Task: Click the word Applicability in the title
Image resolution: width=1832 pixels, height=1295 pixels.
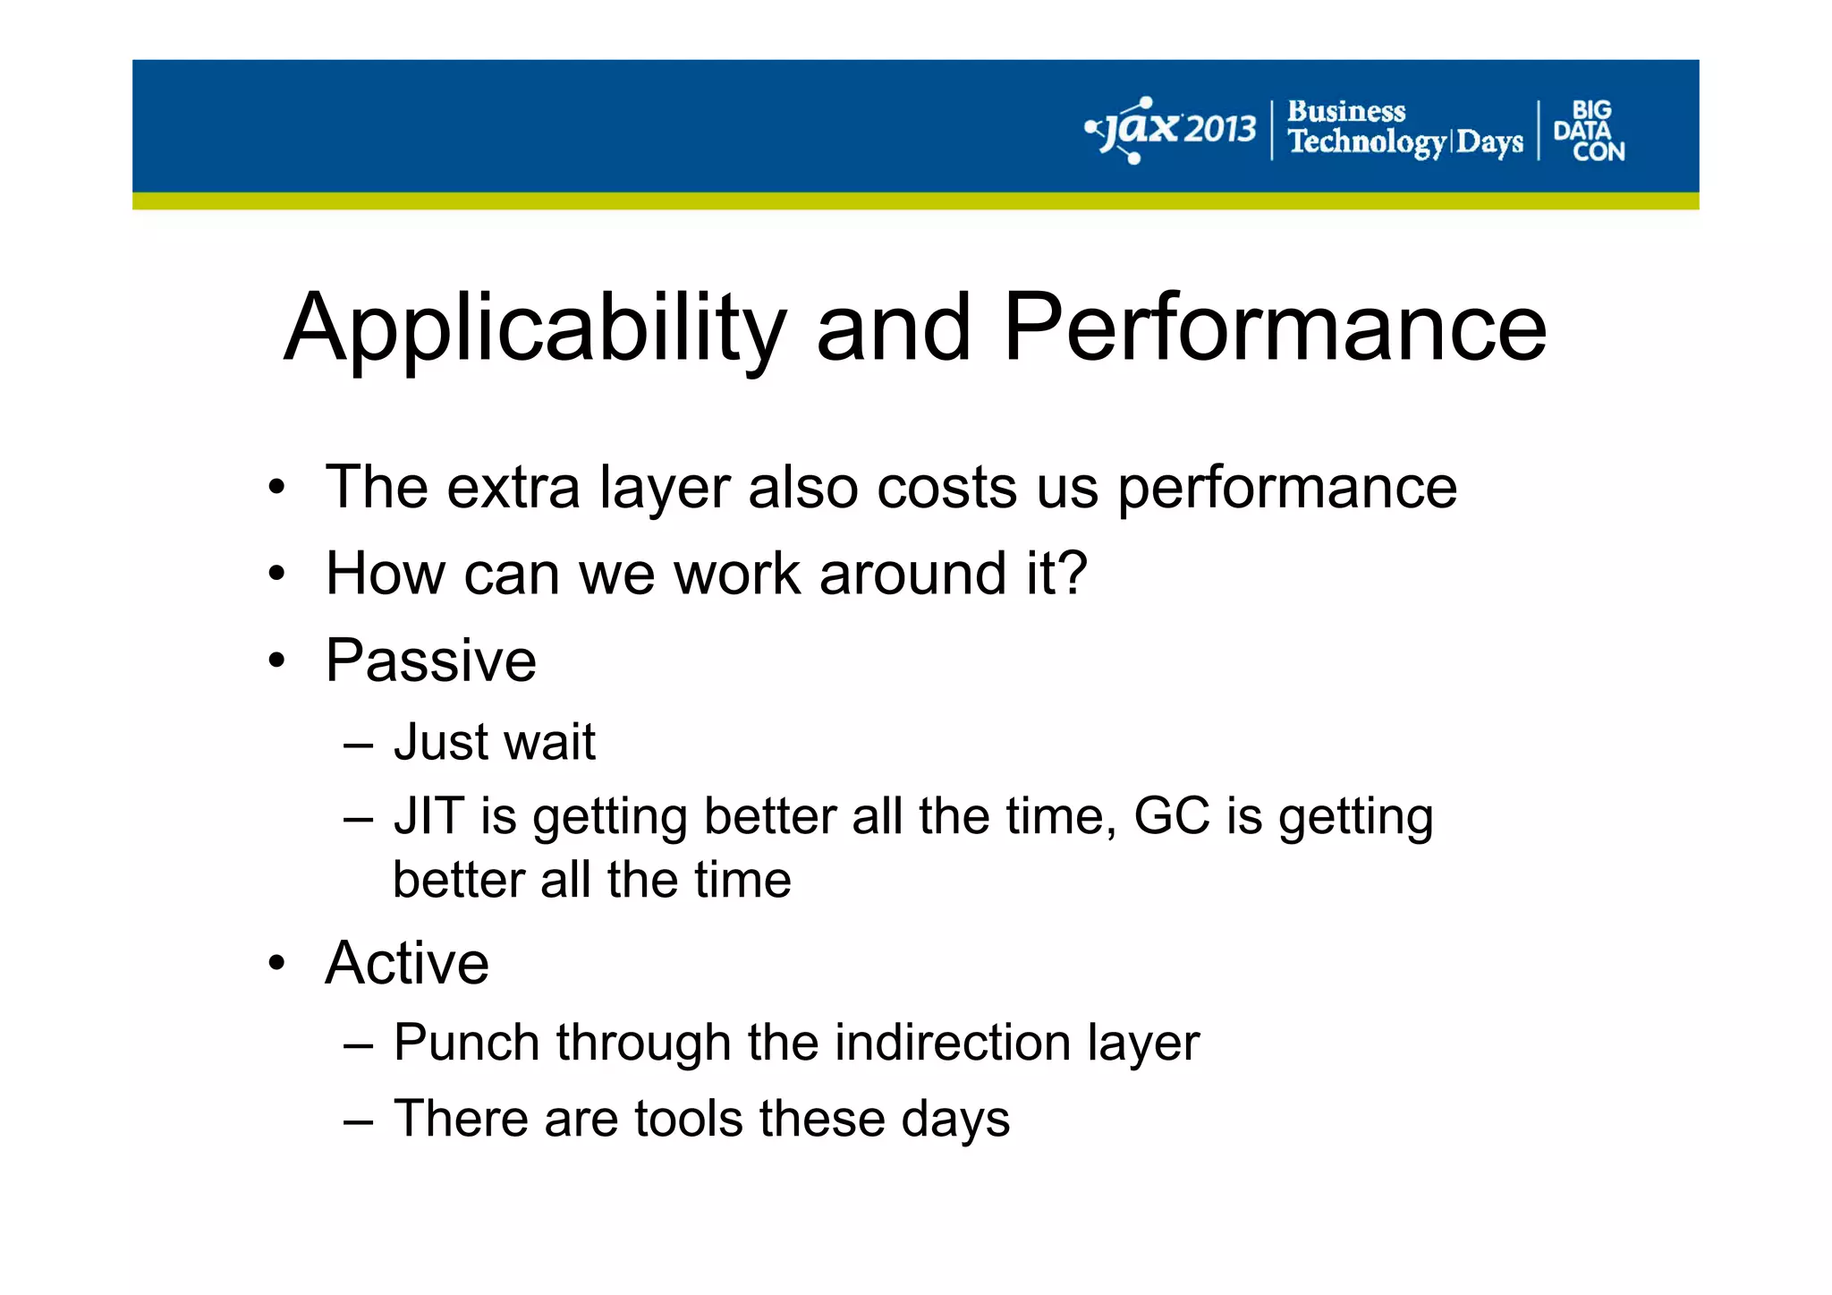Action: coord(534,328)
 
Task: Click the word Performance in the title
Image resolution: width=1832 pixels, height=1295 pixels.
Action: coord(1275,328)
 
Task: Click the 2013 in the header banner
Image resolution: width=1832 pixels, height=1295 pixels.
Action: coord(1221,131)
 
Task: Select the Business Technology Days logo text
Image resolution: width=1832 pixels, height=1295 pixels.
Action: coord(1404,129)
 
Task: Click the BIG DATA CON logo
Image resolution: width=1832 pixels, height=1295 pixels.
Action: coord(1589,131)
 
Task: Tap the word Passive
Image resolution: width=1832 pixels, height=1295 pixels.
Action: coord(430,660)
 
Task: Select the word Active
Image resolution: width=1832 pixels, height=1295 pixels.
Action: coord(407,963)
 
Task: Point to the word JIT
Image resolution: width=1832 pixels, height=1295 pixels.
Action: coord(428,816)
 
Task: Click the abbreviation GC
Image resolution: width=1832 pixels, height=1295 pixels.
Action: coord(1171,816)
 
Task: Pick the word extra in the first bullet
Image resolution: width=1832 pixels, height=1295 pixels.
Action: coord(513,488)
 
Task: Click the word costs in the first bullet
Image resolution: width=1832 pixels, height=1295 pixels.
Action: coord(947,488)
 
